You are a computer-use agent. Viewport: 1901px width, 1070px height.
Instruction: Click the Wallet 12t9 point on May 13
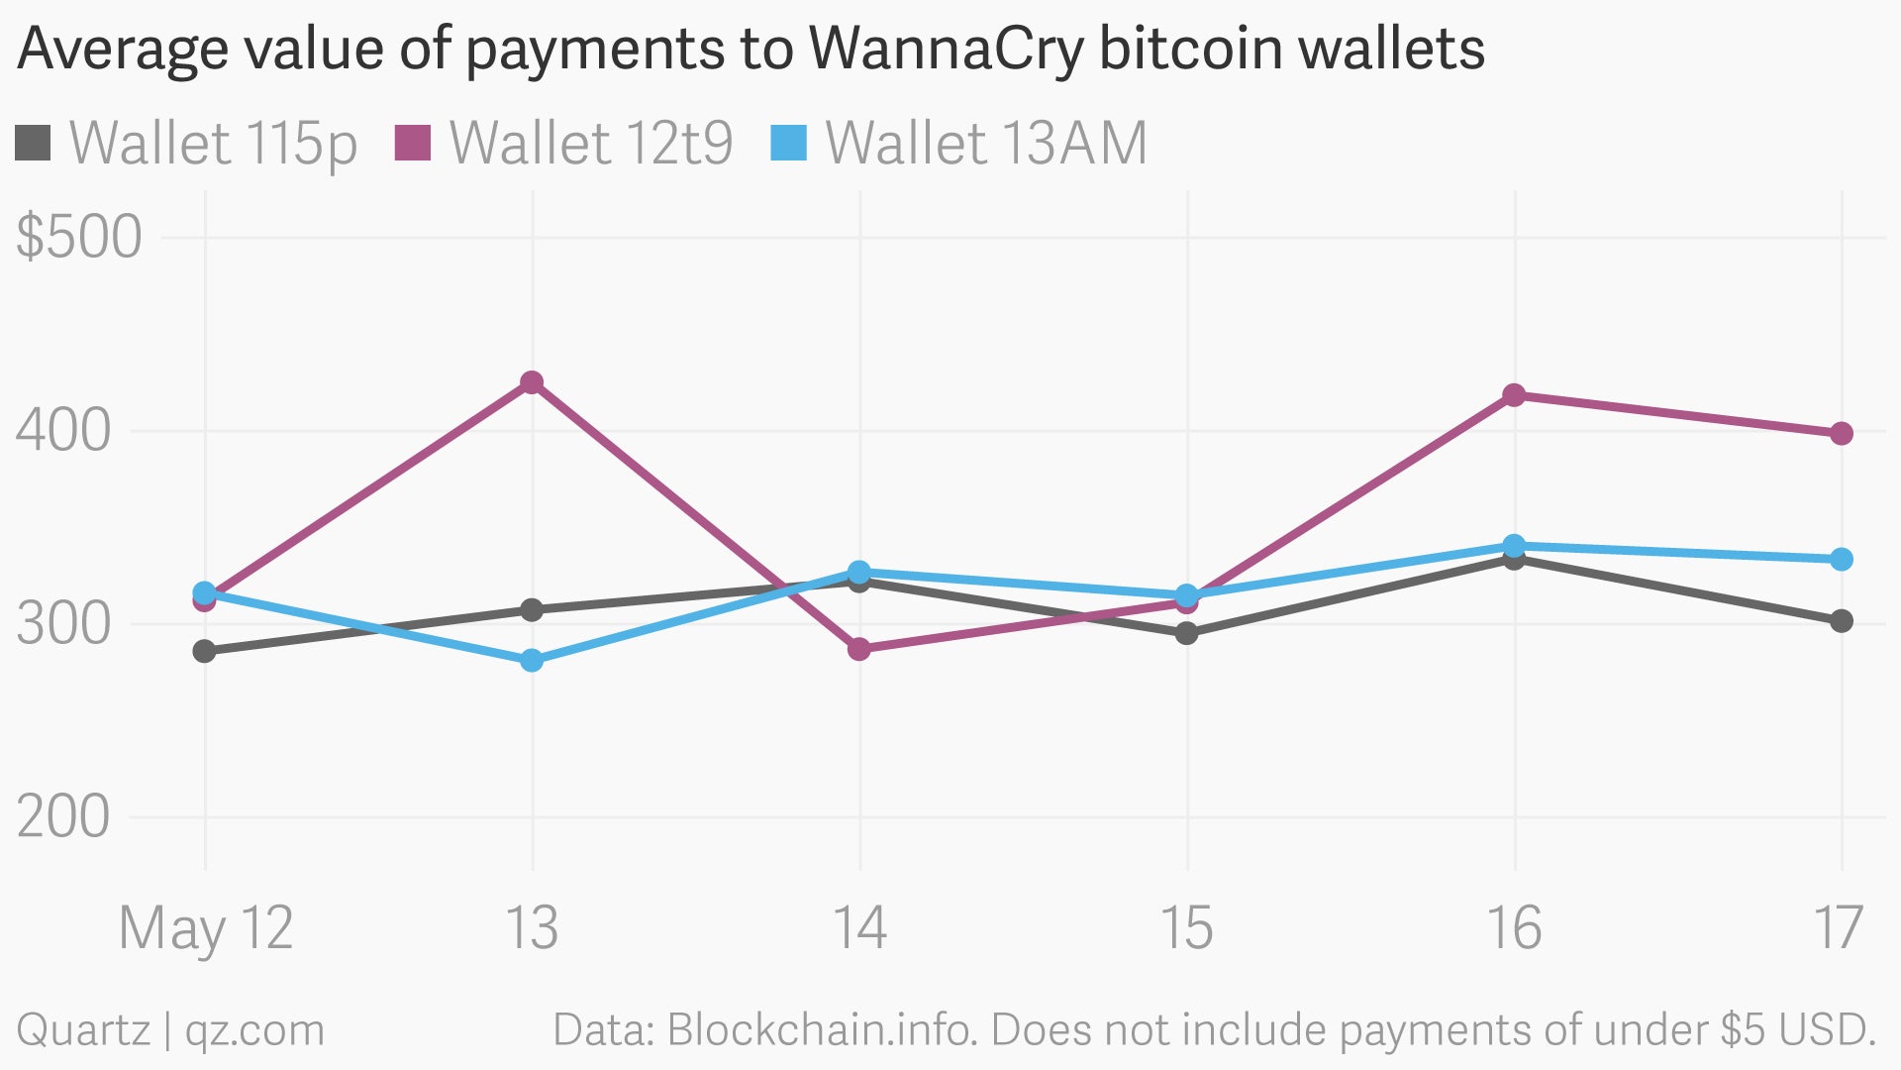pos(532,382)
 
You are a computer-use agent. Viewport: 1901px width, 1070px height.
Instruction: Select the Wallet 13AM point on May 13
pos(532,660)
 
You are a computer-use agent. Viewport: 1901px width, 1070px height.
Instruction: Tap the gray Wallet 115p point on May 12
pos(204,651)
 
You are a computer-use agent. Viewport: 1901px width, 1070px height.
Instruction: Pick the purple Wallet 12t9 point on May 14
pos(859,649)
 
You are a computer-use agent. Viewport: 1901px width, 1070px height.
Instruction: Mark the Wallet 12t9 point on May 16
pos(1514,395)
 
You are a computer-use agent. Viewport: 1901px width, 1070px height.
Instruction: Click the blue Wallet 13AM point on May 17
pos(1842,560)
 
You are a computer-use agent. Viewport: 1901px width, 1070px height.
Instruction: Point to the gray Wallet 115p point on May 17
pos(1842,621)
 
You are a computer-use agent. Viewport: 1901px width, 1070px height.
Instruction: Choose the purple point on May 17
pos(1842,434)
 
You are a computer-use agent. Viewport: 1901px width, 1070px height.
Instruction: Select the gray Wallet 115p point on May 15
pos(1186,633)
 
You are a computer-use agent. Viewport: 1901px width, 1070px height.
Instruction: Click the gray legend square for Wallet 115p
pos(33,143)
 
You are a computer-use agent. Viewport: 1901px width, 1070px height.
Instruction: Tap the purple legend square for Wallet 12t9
pos(413,143)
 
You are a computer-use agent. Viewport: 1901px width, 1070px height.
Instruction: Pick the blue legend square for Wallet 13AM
pos(789,143)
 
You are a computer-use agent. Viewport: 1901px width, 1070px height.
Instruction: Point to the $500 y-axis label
pos(79,238)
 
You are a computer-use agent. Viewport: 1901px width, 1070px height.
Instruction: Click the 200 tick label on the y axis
pos(63,817)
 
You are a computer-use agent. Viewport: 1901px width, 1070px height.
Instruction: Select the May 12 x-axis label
pos(205,928)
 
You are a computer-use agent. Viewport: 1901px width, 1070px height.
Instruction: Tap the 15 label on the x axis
pos(1186,928)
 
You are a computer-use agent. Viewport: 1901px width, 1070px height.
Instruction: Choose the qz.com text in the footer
pos(254,1030)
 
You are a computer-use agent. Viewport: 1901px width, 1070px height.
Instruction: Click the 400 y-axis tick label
pos(63,431)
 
